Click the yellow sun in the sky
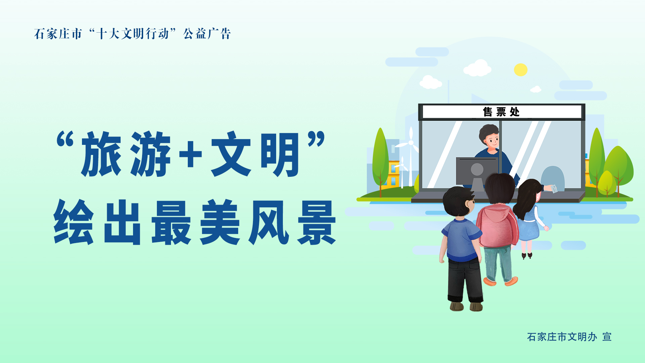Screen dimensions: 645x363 [x=520, y=70]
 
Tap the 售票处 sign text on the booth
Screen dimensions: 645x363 [x=501, y=112]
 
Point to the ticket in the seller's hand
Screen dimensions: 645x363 [x=554, y=189]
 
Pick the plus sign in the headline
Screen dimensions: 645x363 [x=190, y=154]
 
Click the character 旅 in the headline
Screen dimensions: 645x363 [x=101, y=154]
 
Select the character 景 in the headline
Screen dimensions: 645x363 [x=316, y=223]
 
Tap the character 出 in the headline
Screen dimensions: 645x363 [x=122, y=223]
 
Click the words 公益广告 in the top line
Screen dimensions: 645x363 [x=207, y=34]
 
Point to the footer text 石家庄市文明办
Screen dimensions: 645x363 [x=562, y=337]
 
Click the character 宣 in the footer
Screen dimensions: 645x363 [x=607, y=337]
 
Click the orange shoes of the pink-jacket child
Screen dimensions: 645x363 [x=501, y=281]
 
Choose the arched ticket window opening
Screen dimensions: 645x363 [x=552, y=178]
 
